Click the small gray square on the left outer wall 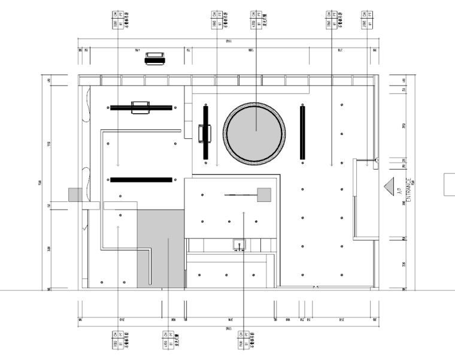tap(74, 195)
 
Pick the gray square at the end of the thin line tap(263, 194)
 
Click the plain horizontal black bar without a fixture tap(141, 179)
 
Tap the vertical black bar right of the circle tap(302, 132)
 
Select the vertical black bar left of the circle tap(206, 132)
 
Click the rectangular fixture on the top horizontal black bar tap(141, 106)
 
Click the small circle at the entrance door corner tap(377, 160)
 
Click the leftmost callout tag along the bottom tap(118, 340)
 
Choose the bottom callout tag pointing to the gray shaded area tap(168, 340)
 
